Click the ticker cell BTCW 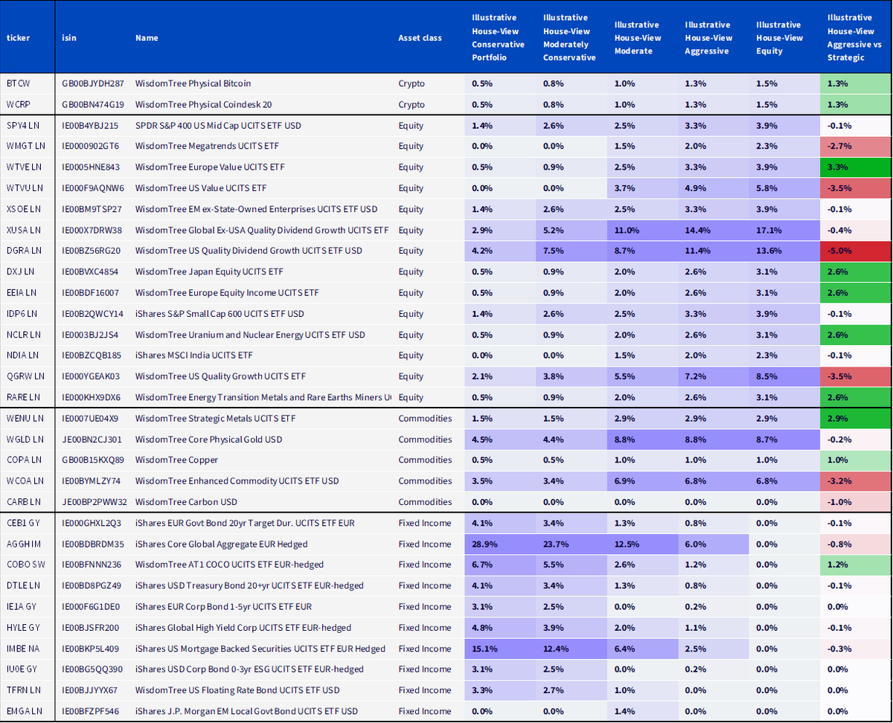[19, 83]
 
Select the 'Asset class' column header [420, 38]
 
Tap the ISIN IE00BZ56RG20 [91, 251]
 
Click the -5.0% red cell [855, 251]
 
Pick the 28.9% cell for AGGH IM [484, 544]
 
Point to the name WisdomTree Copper [176, 460]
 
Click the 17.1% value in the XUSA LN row [769, 230]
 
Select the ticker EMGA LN [25, 711]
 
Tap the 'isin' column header [69, 38]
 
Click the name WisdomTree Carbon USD [186, 501]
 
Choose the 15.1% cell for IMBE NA [484, 649]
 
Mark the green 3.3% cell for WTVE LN [855, 167]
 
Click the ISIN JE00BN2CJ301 [92, 440]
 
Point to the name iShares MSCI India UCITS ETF [193, 355]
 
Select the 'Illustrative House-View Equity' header [779, 38]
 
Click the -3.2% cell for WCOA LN [855, 481]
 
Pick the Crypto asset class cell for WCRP [412, 104]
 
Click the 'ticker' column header [18, 38]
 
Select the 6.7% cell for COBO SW [481, 565]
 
